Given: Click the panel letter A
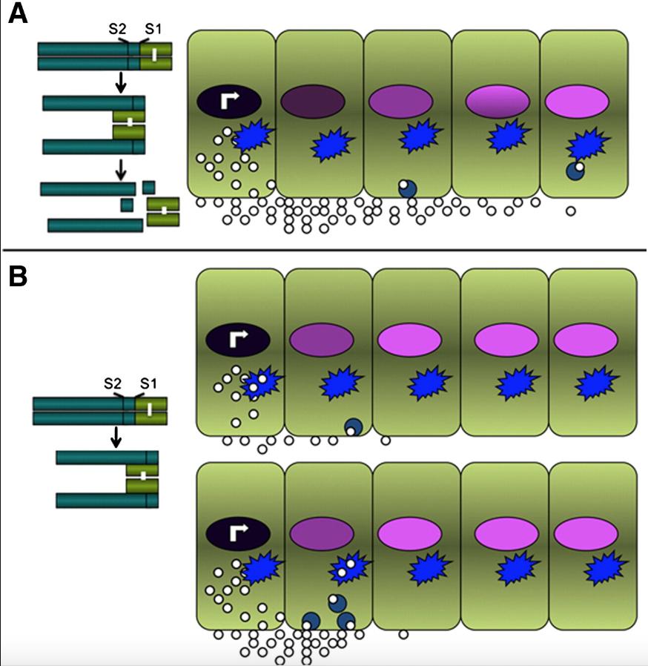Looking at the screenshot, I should (18, 14).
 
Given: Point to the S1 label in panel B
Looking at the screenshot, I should (149, 383).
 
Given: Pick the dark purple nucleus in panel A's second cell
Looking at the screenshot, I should (313, 102).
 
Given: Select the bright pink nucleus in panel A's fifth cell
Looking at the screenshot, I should (576, 102).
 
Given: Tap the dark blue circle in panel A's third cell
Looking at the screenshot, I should (407, 188).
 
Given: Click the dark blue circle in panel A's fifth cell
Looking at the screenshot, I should (575, 171).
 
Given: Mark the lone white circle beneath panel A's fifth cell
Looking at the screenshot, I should (571, 211).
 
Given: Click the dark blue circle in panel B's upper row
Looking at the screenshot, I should (353, 427).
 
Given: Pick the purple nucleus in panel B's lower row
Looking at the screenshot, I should (321, 532).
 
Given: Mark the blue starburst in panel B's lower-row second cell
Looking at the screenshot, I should (349, 567).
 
